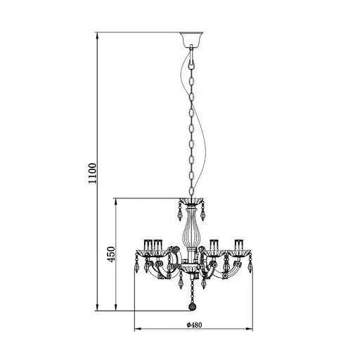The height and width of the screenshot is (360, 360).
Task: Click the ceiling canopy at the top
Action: point(191,37)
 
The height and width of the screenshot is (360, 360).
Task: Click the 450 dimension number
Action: point(110,254)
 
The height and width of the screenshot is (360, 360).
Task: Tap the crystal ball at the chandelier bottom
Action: point(191,306)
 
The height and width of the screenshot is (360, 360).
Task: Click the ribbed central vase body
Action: point(191,232)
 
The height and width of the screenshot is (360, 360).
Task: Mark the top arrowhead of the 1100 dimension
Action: point(96,34)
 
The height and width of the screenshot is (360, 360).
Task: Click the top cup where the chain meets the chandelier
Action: point(191,200)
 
